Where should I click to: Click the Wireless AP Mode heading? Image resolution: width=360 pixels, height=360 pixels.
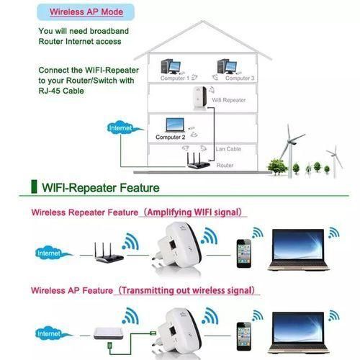click(x=86, y=13)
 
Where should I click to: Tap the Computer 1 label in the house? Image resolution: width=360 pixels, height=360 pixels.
click(x=175, y=78)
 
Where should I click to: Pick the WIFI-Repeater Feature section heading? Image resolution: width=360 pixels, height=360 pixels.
click(x=101, y=189)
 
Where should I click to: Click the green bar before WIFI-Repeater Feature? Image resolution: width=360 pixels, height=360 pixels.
click(x=33, y=188)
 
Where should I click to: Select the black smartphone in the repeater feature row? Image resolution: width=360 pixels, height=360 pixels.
click(x=243, y=253)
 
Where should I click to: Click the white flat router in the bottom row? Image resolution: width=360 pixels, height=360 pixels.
click(x=111, y=333)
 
